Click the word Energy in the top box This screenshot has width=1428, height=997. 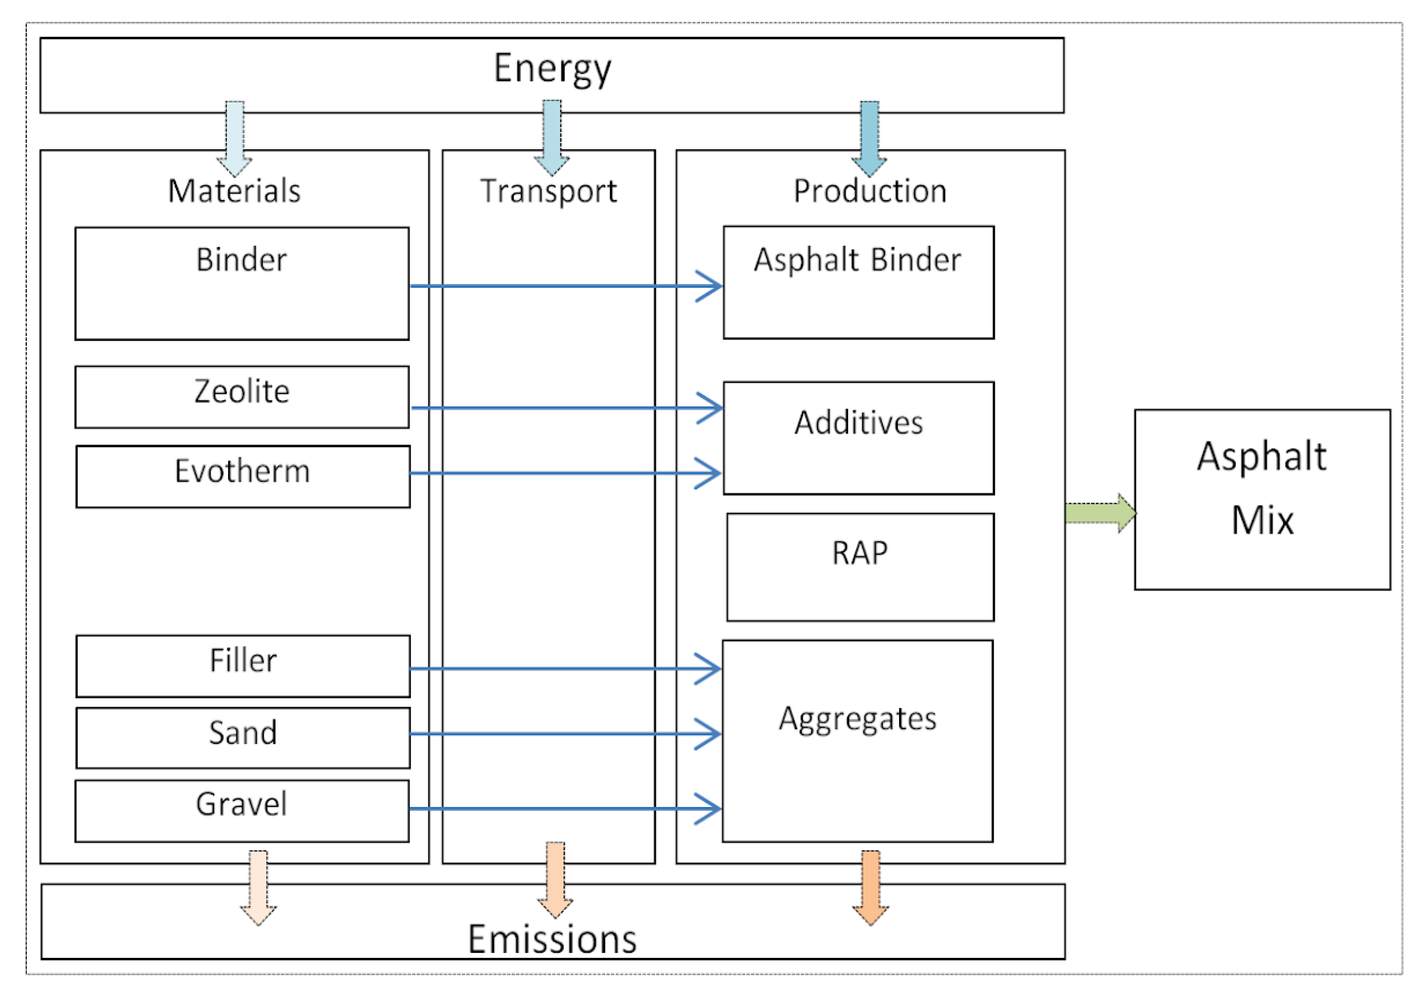pyautogui.click(x=552, y=68)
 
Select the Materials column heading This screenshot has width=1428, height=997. pyautogui.click(x=234, y=190)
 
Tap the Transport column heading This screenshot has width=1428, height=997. pyautogui.click(x=548, y=190)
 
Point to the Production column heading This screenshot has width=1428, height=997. pyautogui.click(x=869, y=190)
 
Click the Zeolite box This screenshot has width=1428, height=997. pyautogui.click(x=242, y=397)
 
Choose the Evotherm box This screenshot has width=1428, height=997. pyautogui.click(x=243, y=476)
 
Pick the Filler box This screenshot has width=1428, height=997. pyautogui.click(x=243, y=665)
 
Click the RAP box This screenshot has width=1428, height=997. pyautogui.click(x=859, y=566)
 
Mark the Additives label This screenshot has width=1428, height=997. pyautogui.click(x=858, y=423)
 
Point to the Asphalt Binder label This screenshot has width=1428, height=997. pyautogui.click(x=857, y=259)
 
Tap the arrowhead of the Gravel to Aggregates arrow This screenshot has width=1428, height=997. pyautogui.click(x=709, y=809)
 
